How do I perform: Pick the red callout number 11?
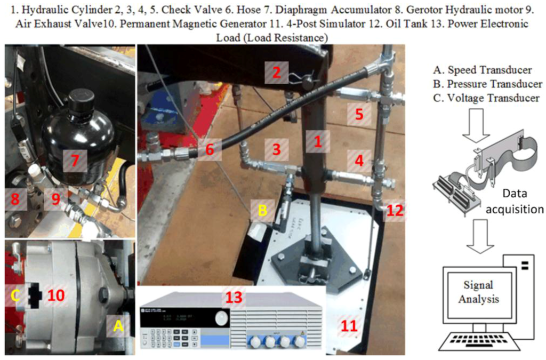pyautogui.click(x=349, y=325)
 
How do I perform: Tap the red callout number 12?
pyautogui.click(x=395, y=210)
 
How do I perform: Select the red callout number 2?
pyautogui.click(x=276, y=73)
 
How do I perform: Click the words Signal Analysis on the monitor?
pyautogui.click(x=481, y=292)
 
